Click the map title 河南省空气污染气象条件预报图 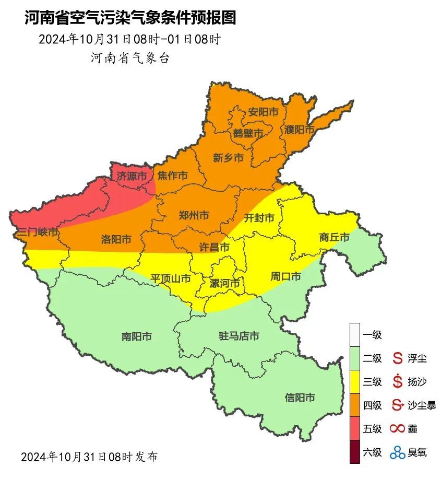(130, 19)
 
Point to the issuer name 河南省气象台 (130, 58)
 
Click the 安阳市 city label (263, 112)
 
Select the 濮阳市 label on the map (299, 129)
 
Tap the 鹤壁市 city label (248, 134)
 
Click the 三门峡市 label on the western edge (37, 232)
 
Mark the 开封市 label (259, 218)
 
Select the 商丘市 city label (334, 238)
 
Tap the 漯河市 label (224, 283)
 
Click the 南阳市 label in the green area (136, 337)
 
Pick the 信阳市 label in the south (300, 398)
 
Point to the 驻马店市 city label (239, 336)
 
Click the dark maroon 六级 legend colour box (355, 452)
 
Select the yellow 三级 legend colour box (355, 382)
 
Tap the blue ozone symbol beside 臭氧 (397, 452)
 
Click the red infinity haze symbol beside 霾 (397, 429)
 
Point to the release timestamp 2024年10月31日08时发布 (89, 457)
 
